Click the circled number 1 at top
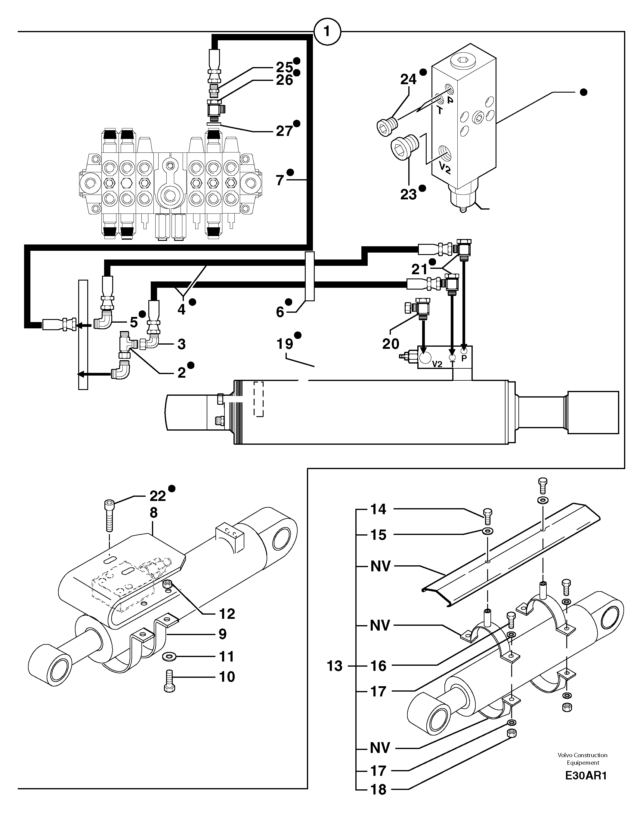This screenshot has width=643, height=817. [327, 32]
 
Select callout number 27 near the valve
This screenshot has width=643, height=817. [284, 131]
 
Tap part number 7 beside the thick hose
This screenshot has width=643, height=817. [279, 180]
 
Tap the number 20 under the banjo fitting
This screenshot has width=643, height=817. [390, 343]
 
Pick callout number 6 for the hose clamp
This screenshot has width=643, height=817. [280, 312]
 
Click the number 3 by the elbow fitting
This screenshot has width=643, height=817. [181, 344]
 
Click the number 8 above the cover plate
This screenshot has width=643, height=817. [153, 513]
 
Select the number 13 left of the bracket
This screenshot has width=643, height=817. [334, 666]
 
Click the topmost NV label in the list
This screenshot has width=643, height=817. [380, 566]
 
